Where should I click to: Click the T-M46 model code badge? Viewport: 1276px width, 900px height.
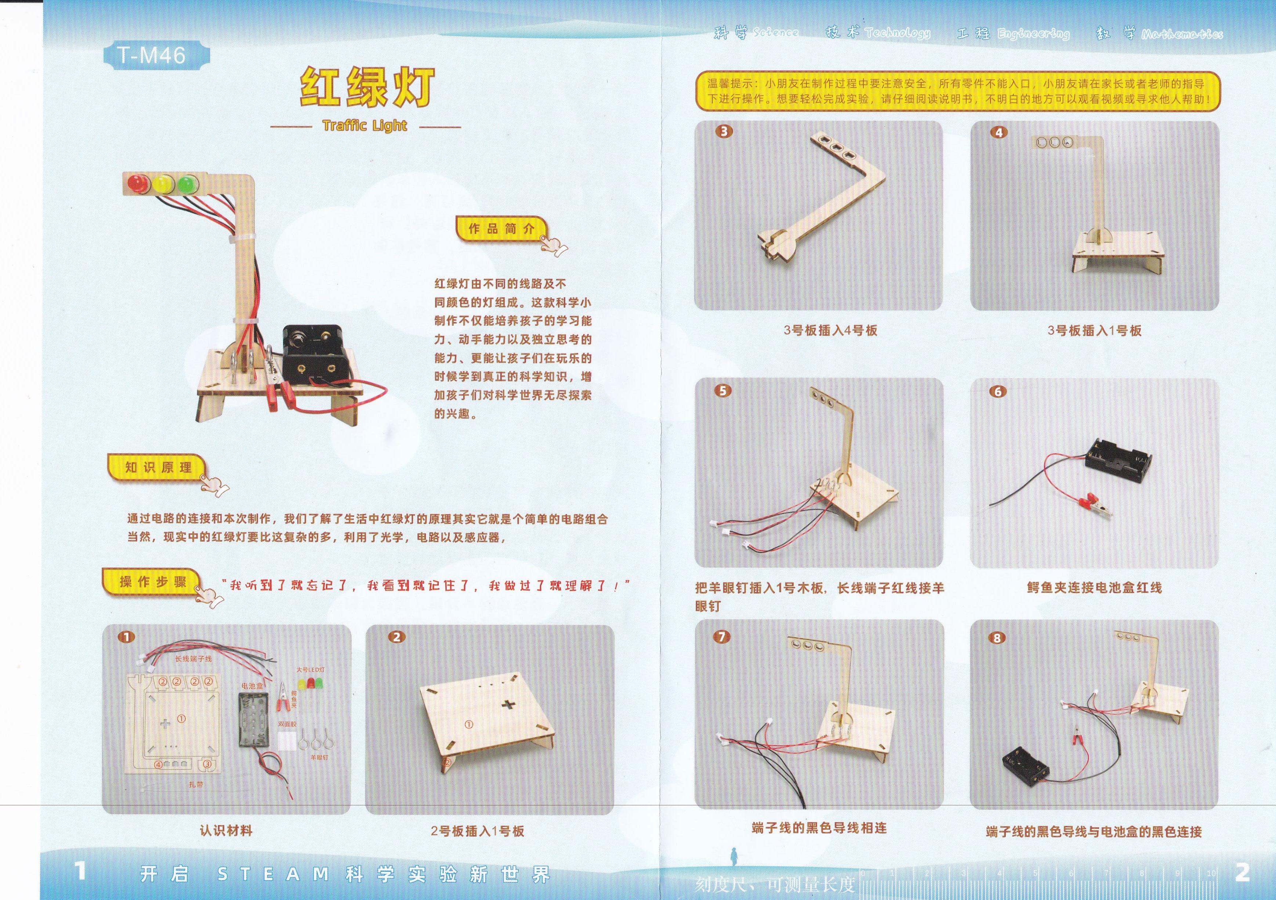coord(151,55)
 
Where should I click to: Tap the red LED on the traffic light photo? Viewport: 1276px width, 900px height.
coord(137,183)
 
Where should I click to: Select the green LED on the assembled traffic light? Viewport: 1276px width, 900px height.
coord(187,183)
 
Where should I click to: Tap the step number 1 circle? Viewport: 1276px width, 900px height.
coord(127,637)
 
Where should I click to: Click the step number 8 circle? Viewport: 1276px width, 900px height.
coord(997,638)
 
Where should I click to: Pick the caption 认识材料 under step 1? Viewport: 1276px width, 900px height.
coord(226,831)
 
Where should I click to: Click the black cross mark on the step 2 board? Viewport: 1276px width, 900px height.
coord(509,705)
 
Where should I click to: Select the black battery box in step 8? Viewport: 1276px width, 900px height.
coord(1026,767)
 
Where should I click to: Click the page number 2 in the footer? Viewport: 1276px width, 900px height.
coord(1242,873)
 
